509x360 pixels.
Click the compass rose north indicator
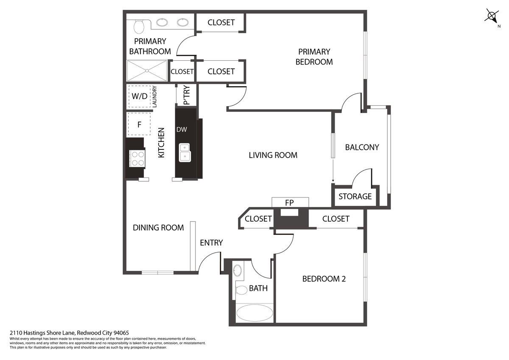[492, 17]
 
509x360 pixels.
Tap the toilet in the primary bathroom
[139, 27]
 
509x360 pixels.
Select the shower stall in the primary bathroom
[147, 70]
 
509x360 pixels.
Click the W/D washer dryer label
[140, 96]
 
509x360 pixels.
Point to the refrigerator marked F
[139, 124]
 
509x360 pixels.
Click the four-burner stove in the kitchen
[137, 158]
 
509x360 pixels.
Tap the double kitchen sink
[185, 152]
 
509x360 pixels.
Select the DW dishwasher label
[182, 129]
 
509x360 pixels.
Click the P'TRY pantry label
[186, 95]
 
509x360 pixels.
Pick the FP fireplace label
[289, 202]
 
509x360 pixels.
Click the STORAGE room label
[355, 196]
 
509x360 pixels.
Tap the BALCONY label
[362, 147]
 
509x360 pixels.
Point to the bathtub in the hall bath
[255, 313]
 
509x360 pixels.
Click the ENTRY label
[211, 243]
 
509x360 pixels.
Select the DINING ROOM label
[158, 228]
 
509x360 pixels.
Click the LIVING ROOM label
[273, 155]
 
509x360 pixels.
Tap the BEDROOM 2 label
[324, 279]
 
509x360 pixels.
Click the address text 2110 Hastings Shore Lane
[42, 333]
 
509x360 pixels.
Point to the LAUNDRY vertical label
[154, 96]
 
